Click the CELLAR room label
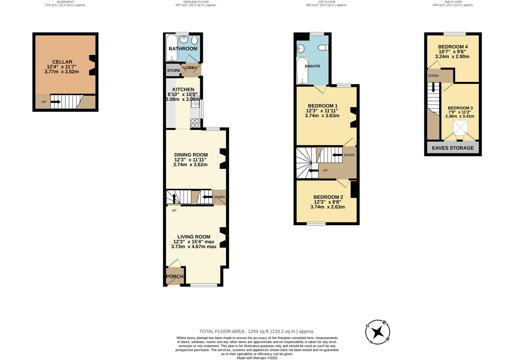pos(62,62)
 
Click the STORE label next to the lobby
pos(173,71)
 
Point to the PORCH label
pos(175,276)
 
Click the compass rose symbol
pos(378,332)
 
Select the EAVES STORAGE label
pos(453,148)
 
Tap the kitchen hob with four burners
pos(195,124)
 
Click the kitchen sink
pos(195,104)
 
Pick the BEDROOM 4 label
pos(453,47)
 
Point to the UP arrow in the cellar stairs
pos(55,102)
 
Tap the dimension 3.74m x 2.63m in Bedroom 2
pos(327,207)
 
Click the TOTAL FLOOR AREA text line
pos(257,331)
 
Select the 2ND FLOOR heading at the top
pos(453,2)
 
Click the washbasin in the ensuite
pos(300,49)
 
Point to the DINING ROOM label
pos(191,155)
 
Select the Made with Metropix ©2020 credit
pos(257,358)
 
